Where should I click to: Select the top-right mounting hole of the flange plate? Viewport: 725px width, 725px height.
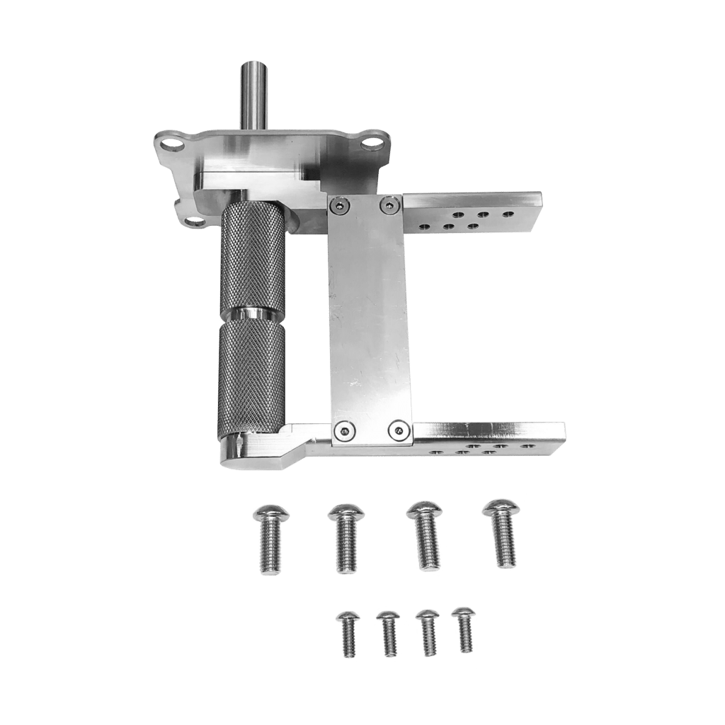368,144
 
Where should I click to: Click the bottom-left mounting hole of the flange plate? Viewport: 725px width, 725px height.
193,222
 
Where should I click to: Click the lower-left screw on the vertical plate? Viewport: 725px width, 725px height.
344,430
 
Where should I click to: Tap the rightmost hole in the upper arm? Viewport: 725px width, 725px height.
508,212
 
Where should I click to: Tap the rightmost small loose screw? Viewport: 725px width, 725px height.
464,629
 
